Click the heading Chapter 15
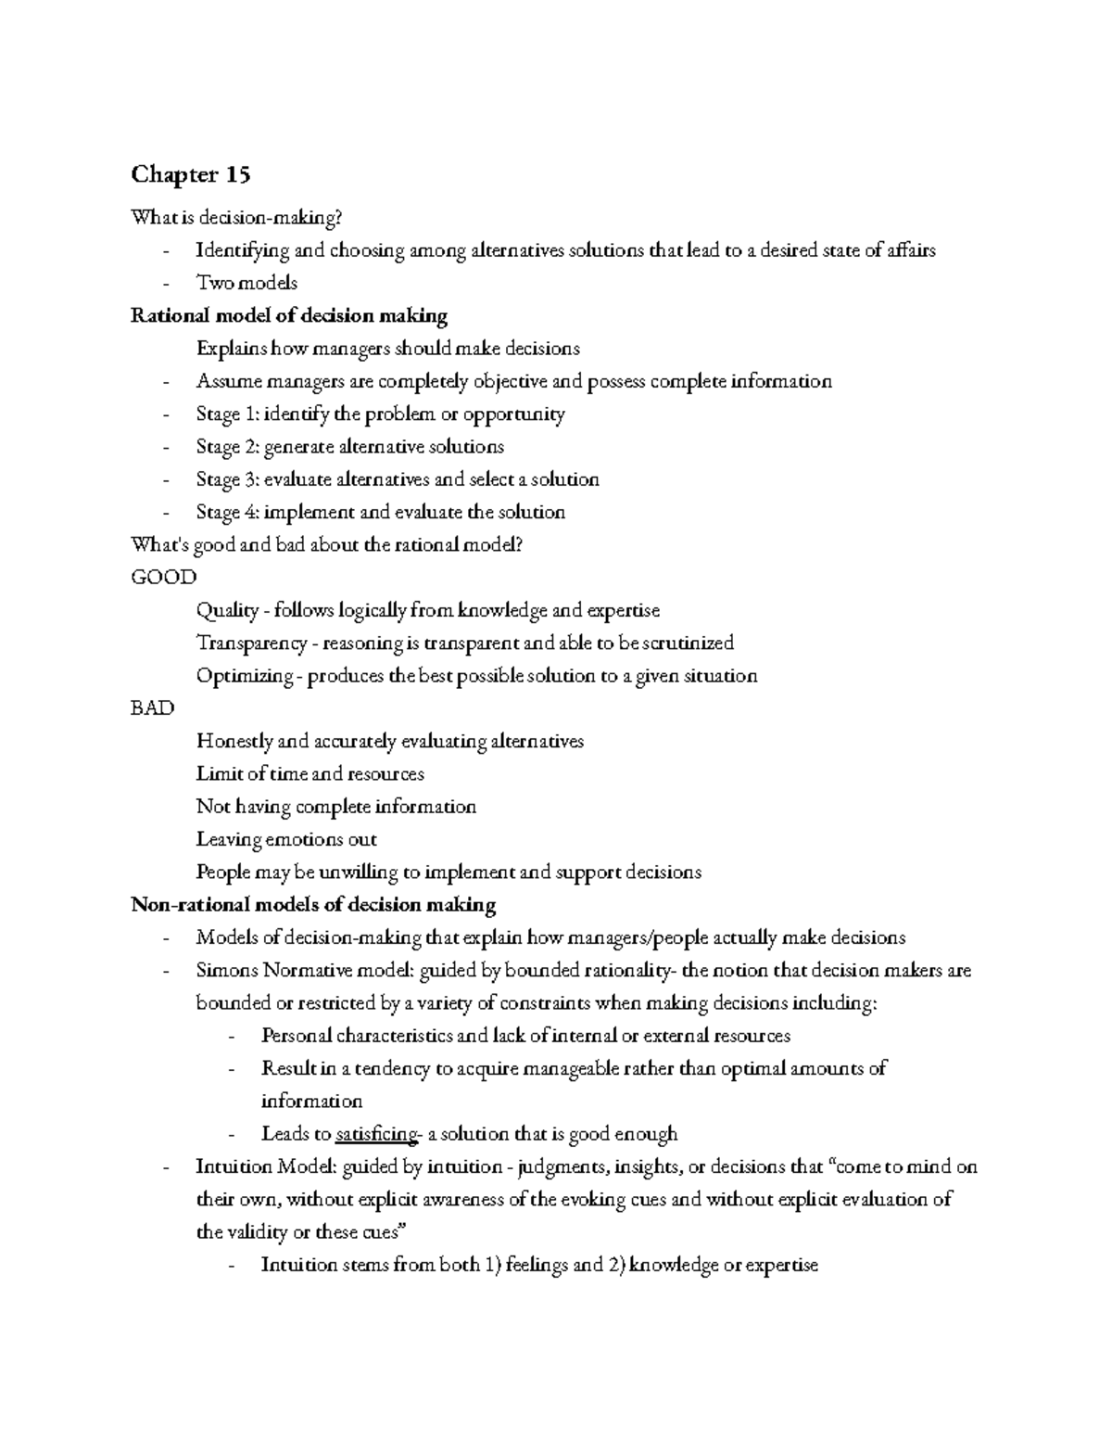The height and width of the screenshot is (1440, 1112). point(190,174)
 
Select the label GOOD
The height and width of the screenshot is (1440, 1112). point(164,577)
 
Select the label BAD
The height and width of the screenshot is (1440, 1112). point(153,707)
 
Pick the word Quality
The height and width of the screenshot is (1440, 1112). point(227,610)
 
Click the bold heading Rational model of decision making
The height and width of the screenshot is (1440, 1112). point(289,315)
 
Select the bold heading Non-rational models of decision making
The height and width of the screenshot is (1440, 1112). point(313,904)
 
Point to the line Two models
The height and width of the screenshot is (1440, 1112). point(246,283)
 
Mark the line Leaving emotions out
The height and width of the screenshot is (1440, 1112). point(286,839)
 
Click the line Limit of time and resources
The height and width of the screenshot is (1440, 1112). point(310,773)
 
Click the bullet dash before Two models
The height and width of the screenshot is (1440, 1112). point(165,284)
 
